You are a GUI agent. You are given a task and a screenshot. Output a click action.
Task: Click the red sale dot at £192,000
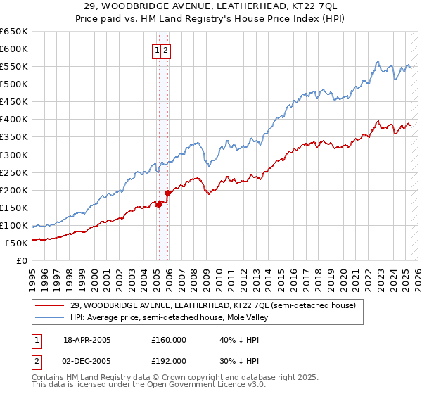coord(167,193)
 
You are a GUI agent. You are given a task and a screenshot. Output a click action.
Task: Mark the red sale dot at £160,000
coord(160,204)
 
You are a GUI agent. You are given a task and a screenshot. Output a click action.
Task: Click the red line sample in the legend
coord(50,305)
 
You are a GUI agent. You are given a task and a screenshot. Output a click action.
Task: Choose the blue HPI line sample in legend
coord(50,317)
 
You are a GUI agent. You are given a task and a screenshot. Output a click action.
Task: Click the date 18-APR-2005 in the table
coord(87,340)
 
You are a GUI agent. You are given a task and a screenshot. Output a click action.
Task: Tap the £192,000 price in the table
coord(169,360)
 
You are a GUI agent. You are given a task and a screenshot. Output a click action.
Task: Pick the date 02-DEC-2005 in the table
coord(87,360)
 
